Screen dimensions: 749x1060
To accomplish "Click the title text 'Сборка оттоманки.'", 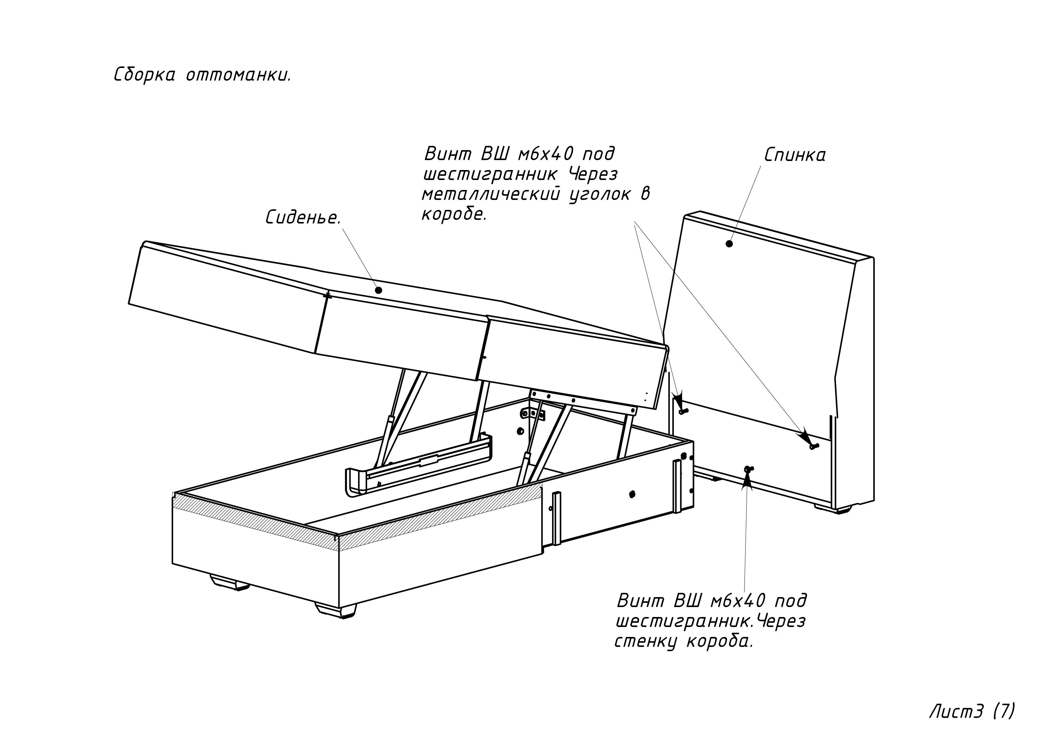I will (202, 75).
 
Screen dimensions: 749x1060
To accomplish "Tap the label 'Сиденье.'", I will (303, 217).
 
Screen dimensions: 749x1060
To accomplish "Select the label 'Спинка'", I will (794, 155).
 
